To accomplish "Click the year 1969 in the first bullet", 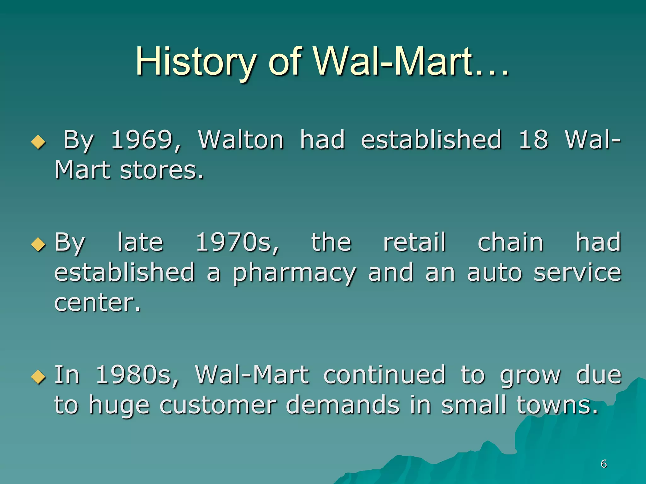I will [146, 140].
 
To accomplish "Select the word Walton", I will [241, 140].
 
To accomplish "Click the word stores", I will [161, 170].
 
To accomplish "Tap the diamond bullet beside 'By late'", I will [38, 244].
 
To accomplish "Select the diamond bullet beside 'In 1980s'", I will [38, 377].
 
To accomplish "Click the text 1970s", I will [237, 242].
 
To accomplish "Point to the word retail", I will [414, 242].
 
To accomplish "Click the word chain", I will [511, 242].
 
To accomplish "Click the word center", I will [97, 303].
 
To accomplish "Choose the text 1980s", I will [137, 375].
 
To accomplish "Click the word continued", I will [384, 375].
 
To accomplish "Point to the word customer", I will [218, 405].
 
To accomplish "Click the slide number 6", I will [604, 464].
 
